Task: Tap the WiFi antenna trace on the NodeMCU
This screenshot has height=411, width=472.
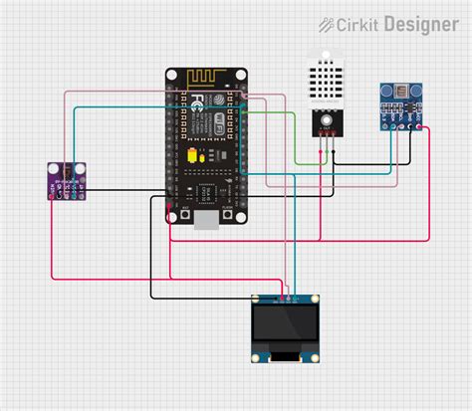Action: click(x=206, y=78)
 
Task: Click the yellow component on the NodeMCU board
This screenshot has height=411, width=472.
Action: click(x=191, y=156)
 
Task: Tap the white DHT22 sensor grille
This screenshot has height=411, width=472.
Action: click(x=324, y=77)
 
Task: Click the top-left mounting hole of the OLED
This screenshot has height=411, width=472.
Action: click(x=258, y=299)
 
